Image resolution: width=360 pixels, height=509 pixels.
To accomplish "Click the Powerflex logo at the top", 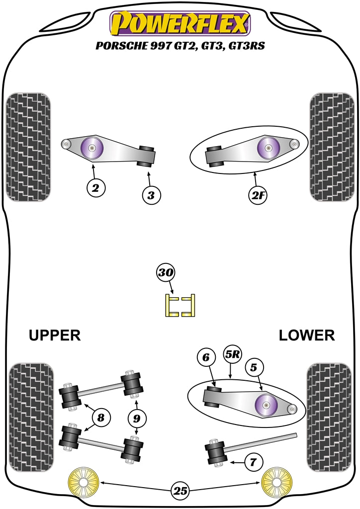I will click(180, 23).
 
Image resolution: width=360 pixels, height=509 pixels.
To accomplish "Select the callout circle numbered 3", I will click(151, 195).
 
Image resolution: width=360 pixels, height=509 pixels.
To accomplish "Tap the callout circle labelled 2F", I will click(258, 196).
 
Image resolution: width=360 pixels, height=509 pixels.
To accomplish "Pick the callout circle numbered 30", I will click(166, 272).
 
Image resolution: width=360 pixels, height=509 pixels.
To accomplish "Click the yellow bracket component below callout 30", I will click(180, 305).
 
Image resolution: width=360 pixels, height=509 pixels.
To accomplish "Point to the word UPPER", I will click(55, 335).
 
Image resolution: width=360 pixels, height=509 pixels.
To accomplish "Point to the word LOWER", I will click(306, 335).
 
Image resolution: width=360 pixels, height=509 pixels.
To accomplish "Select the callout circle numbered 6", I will click(206, 356).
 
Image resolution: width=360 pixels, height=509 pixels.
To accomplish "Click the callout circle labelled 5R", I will click(233, 355).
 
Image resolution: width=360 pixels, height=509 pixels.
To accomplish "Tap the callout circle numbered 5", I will click(254, 368).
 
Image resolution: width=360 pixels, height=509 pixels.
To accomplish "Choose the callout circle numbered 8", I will click(101, 418).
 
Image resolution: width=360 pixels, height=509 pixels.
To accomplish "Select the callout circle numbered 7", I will click(253, 462).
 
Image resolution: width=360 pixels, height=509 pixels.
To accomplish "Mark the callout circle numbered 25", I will click(180, 491).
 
